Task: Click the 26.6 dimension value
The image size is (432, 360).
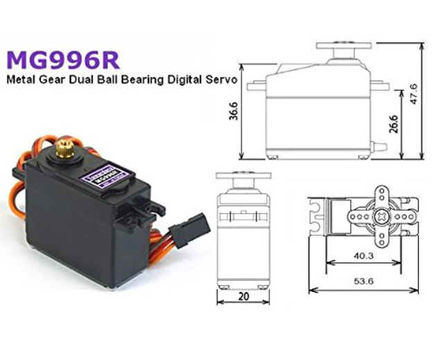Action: [x=395, y=125]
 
